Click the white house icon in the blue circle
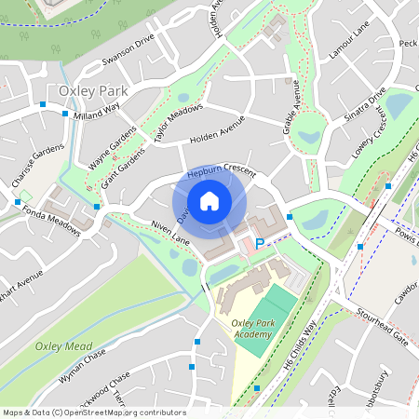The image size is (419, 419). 209,200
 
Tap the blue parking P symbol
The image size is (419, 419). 260,242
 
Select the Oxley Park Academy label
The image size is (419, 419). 252,328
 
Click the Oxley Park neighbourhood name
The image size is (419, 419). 93,91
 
